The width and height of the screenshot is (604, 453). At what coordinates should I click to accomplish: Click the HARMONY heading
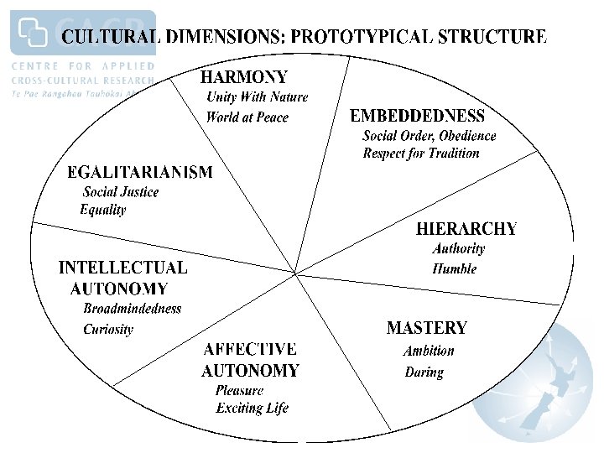click(243, 77)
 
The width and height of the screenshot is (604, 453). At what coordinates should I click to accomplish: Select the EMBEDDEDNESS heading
click(417, 116)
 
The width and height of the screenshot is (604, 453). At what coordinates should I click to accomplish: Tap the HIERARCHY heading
click(466, 228)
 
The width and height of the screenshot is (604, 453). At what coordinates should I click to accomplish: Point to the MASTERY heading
click(426, 328)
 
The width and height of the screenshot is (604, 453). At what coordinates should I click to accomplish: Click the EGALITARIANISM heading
click(140, 172)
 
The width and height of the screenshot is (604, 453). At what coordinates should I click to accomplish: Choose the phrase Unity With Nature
click(258, 97)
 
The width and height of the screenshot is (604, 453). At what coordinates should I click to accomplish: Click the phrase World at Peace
click(247, 117)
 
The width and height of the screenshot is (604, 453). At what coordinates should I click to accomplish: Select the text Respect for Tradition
click(421, 154)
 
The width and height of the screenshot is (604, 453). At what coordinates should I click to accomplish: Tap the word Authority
click(459, 248)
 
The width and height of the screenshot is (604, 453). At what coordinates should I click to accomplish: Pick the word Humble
click(455, 269)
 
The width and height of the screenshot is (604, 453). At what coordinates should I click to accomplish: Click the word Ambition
click(429, 351)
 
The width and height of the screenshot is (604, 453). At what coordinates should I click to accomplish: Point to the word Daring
click(424, 372)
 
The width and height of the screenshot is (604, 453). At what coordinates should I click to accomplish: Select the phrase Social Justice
click(121, 191)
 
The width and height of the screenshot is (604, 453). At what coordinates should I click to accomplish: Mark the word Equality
click(103, 210)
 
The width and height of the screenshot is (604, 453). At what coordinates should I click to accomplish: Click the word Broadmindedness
click(133, 309)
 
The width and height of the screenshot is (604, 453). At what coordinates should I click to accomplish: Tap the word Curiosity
click(108, 330)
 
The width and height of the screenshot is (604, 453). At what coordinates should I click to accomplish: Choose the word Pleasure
click(239, 390)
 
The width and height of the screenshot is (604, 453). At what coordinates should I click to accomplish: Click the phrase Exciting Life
click(252, 409)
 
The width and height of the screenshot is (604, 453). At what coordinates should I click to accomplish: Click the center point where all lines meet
click(294, 272)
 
